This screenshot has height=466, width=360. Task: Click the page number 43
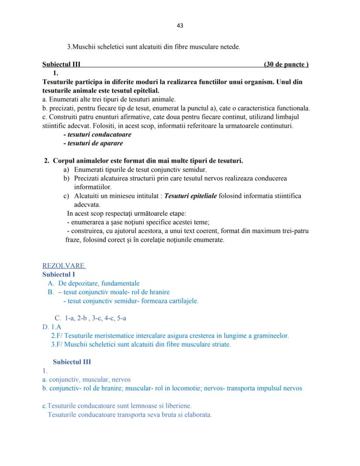(x=180, y=26)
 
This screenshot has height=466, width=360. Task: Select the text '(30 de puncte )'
(x=286, y=64)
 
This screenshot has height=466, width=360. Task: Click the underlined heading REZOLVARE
(x=64, y=266)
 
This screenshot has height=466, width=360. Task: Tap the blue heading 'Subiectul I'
(x=59, y=275)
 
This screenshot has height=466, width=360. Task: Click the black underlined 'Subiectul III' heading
(x=61, y=64)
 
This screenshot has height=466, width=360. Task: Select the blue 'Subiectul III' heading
(x=72, y=362)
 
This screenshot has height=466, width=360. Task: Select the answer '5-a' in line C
(x=121, y=318)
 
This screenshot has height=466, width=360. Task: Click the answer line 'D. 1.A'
(x=52, y=327)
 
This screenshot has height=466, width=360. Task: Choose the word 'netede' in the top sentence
(x=230, y=47)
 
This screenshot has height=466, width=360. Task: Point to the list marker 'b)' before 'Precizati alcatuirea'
(x=67, y=178)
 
